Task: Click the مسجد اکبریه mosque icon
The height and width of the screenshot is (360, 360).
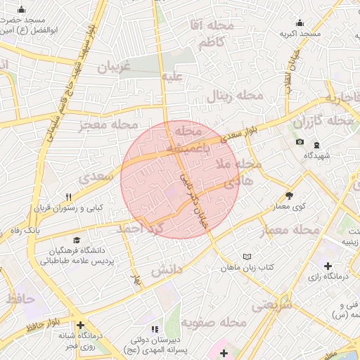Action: (x=300, y=22)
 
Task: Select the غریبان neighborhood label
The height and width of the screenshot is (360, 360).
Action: (x=113, y=68)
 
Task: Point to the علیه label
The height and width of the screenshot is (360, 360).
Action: (x=172, y=76)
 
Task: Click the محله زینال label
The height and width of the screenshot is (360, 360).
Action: (x=234, y=96)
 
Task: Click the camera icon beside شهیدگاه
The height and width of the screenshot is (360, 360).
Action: (x=300, y=142)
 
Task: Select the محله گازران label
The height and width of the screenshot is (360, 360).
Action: (x=323, y=121)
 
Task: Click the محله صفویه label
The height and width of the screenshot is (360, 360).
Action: (x=214, y=322)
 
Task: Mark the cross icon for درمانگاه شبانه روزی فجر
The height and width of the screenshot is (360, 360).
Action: (x=81, y=326)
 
